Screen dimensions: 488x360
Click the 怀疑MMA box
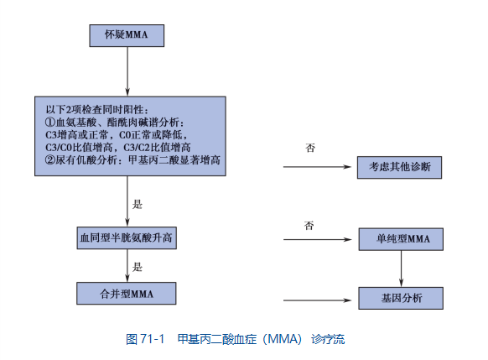[x=127, y=36]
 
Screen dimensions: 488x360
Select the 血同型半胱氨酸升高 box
[x=127, y=238]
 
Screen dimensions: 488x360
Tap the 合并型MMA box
[x=127, y=294]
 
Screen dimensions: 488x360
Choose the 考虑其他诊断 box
[x=399, y=167]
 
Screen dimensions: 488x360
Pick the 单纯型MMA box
[x=401, y=239]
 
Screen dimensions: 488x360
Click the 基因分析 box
[x=401, y=298]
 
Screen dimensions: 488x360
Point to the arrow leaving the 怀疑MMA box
[x=127, y=71]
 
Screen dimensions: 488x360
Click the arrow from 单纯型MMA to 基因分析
[x=401, y=269]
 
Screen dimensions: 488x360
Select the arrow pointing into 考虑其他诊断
[x=317, y=167]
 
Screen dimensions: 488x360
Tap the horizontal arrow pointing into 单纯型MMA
[x=318, y=239]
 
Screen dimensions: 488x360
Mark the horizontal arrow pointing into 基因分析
[x=318, y=300]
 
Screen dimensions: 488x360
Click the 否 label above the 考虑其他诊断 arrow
[x=310, y=148]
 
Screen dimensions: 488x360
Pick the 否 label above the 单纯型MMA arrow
[x=309, y=225]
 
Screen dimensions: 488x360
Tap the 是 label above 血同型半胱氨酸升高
[x=138, y=204]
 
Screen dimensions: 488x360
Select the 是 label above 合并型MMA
[x=138, y=267]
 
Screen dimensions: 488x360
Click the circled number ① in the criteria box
[x=49, y=122]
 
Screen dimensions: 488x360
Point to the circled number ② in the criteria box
[x=49, y=159]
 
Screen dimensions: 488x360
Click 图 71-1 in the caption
[x=145, y=339]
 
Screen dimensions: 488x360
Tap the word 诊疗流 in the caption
[x=328, y=339]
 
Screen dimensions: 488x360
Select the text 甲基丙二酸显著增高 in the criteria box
[x=174, y=159]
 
